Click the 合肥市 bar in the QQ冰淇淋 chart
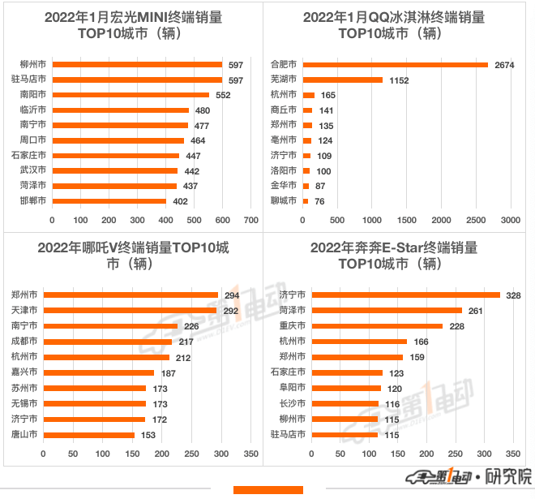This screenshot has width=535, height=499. pos(395,65)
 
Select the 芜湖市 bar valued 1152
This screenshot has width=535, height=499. pos(342,80)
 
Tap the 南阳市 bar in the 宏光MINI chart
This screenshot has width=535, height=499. pos(131,95)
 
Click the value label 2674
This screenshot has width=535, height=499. pos(505,65)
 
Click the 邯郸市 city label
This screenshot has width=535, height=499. pos(33,200)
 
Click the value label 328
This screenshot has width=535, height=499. pos(513,295)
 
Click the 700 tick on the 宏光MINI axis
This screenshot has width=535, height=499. pos(250,220)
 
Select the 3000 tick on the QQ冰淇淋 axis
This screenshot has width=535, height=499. pos(510,220)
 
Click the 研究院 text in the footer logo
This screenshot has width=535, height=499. pos(512,477)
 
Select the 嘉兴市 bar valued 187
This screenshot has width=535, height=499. pos(99,373)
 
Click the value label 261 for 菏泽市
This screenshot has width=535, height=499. pos(474,311)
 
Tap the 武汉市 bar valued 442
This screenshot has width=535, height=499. pos(115,170)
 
